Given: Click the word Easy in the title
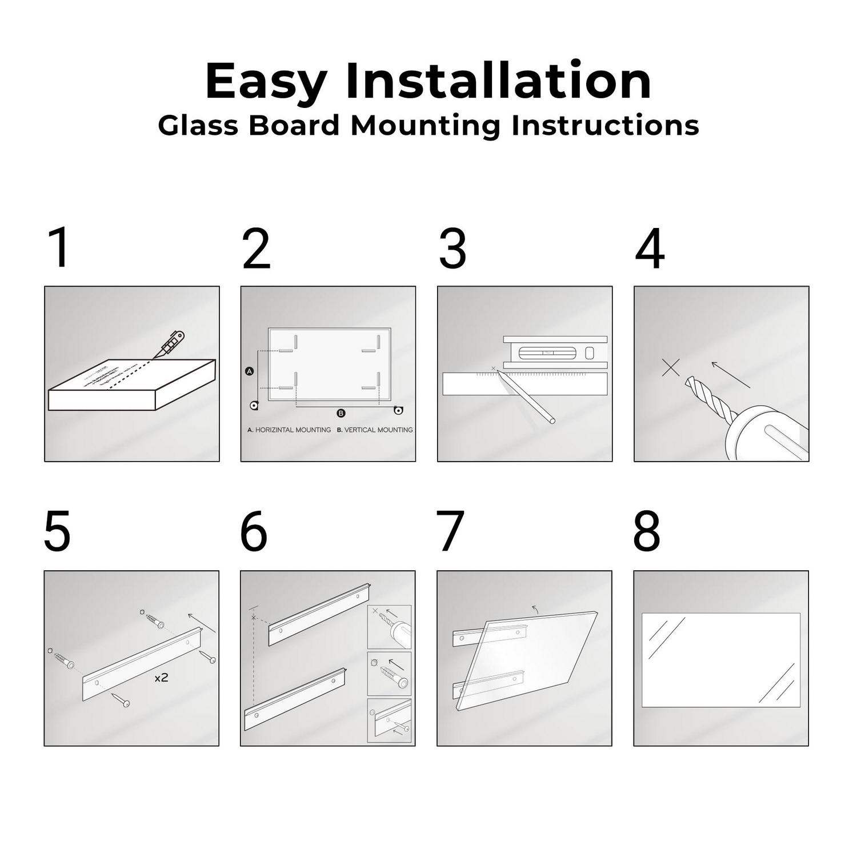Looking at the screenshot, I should (x=266, y=82).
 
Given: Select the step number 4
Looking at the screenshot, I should (x=650, y=250).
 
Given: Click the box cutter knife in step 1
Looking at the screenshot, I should (x=171, y=344).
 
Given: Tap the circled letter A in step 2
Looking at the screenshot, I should (x=249, y=371).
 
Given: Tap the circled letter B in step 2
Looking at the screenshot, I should (x=341, y=413).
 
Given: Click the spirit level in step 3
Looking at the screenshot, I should (x=555, y=353).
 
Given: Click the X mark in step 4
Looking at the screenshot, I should (x=671, y=367).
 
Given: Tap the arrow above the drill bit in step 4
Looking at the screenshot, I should (x=730, y=375).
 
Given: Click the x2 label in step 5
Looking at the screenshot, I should (x=161, y=678).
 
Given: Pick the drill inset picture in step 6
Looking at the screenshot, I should (x=389, y=627).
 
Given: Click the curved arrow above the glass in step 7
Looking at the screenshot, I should (x=535, y=608).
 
